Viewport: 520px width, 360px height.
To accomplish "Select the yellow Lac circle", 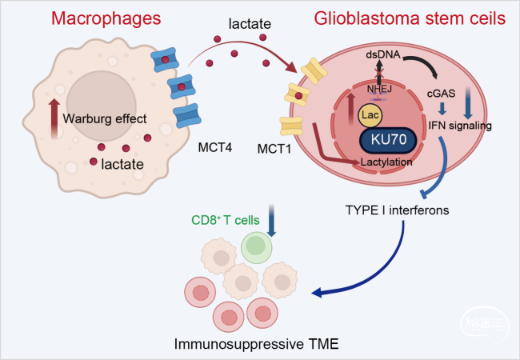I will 370,115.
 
